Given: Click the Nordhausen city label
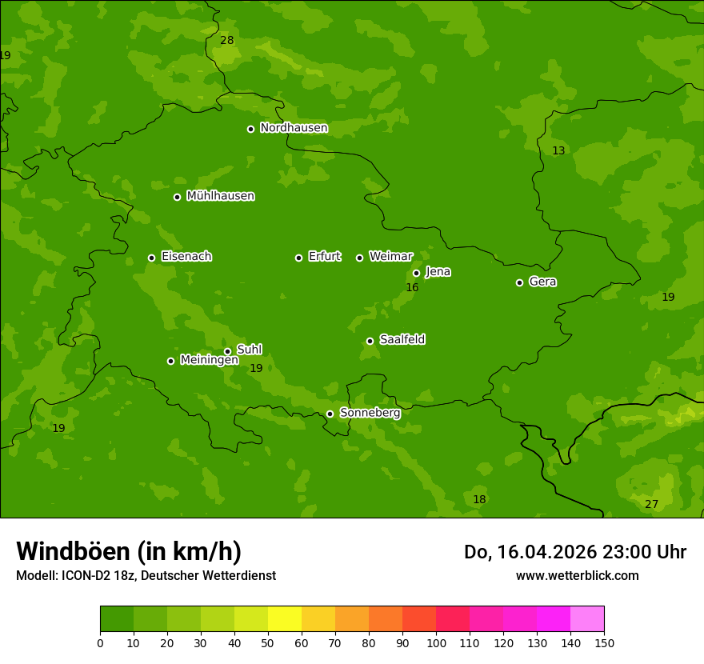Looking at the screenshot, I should [294, 128].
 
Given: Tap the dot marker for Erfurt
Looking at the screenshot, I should [298, 258].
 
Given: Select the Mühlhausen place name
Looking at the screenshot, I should [220, 196].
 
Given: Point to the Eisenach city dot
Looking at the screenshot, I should [151, 258].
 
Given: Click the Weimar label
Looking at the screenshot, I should [390, 257].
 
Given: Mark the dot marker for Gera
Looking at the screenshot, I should [519, 282].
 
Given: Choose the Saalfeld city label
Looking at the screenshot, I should [402, 340].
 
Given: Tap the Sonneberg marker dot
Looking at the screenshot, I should [330, 414].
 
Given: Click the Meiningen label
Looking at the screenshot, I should [209, 360].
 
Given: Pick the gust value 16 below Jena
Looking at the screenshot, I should [412, 287].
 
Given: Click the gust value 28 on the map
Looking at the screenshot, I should [227, 40].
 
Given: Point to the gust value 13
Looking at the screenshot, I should [558, 151].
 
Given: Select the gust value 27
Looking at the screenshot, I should [651, 504].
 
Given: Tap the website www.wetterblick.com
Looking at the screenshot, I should [577, 575].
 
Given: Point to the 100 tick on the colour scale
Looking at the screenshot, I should [436, 642].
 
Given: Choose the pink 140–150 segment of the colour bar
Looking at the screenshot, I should [587, 619].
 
